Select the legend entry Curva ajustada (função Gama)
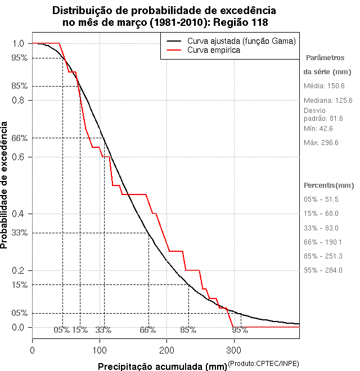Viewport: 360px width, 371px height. click(x=241, y=41)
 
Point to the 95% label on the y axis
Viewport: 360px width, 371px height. click(x=20, y=57)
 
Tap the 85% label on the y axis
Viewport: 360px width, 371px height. click(x=20, y=86)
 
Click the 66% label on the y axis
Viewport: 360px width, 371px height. click(x=20, y=138)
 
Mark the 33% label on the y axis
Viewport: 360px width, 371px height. click(x=20, y=232)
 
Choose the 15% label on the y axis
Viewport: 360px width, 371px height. click(x=20, y=284)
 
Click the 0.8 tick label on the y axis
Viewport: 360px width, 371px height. click(x=19, y=100)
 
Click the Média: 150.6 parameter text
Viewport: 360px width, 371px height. click(x=324, y=86)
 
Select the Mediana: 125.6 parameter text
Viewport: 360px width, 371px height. click(x=328, y=101)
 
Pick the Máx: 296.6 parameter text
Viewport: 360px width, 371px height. click(x=321, y=143)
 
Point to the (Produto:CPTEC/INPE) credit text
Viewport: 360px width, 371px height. click(x=263, y=364)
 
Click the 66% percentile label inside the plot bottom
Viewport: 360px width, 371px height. click(x=148, y=329)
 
